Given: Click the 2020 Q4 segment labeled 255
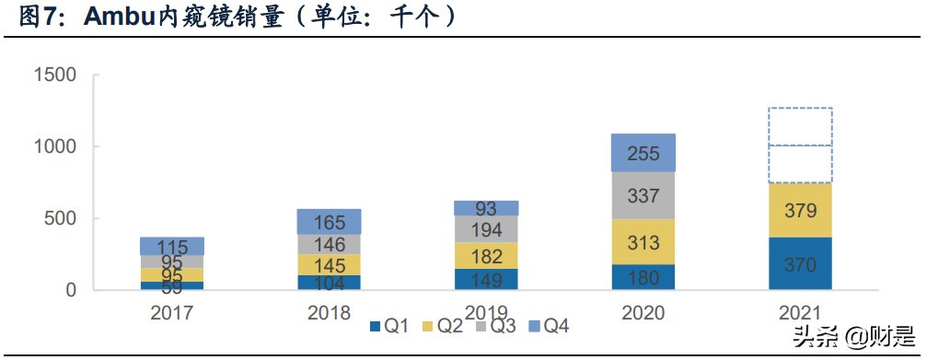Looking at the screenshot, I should (643, 153).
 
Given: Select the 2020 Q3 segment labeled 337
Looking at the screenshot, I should (643, 195).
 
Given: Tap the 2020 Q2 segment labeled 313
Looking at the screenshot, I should (643, 242).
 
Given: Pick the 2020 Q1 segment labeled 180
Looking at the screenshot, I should (643, 277).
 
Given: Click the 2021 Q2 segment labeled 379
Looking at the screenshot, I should (800, 211).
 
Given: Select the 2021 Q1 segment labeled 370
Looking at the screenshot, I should (800, 263).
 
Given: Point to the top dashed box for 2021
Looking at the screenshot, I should (800, 126).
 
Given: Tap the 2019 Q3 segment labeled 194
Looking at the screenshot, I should (486, 228).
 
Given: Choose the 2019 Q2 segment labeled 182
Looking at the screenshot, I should (486, 255).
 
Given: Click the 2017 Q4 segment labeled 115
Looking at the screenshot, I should (172, 246).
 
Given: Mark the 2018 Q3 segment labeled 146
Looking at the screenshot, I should (330, 244).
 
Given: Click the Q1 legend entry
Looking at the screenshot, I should (392, 325).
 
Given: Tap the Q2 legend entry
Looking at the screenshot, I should (445, 325).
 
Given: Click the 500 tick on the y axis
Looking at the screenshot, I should (62, 219).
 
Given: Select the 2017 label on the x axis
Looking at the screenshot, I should (173, 312).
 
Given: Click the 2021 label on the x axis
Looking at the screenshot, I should (800, 312).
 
